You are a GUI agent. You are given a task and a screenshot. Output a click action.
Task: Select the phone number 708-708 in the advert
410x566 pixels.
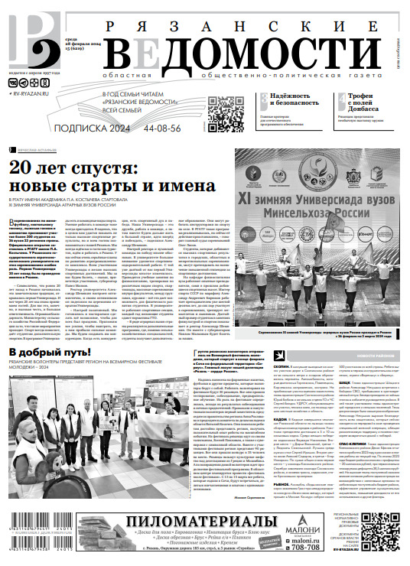[305, 546]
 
